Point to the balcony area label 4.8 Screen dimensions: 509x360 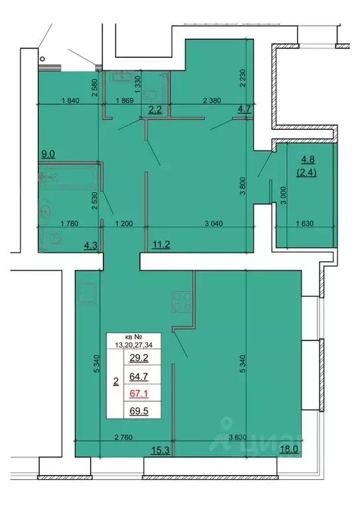click(x=308, y=159)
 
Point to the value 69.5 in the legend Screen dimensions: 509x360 click(x=139, y=412)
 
